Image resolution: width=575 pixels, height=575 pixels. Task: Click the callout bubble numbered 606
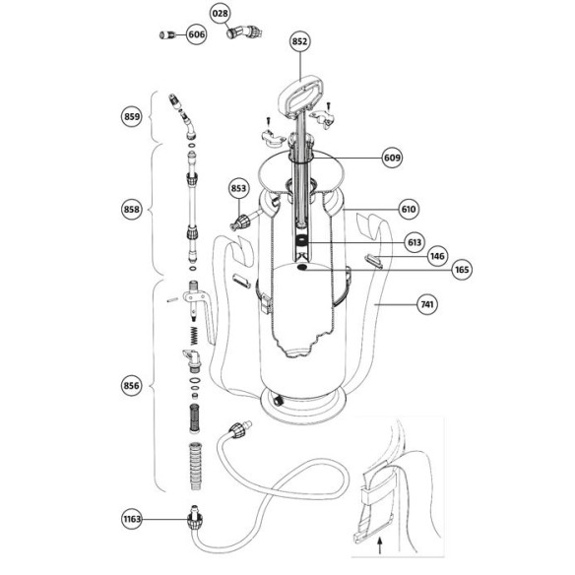point(196,34)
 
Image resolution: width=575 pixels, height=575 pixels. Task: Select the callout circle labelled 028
point(220,14)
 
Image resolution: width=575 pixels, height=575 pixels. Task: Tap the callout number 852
point(299,41)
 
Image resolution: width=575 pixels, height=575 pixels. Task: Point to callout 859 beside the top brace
point(132,116)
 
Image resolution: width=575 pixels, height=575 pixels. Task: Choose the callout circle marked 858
point(132,210)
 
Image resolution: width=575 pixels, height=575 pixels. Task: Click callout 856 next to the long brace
point(132,386)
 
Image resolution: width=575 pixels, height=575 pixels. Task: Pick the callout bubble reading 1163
point(132,519)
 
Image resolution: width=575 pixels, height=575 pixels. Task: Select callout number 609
point(392,158)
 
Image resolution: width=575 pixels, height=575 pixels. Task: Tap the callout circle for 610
point(409,210)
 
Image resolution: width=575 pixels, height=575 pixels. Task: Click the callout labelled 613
point(415,242)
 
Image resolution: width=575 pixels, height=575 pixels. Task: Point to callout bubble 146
point(437,256)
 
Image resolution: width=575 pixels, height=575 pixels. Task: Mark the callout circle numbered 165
point(462,270)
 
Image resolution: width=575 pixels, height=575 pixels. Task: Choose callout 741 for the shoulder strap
point(427,304)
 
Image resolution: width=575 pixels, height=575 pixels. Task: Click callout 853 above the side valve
point(238,188)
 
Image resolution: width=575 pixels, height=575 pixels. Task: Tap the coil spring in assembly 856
point(194,335)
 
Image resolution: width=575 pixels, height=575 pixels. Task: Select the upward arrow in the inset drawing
point(380,545)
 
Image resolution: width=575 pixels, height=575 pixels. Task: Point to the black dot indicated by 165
point(302,268)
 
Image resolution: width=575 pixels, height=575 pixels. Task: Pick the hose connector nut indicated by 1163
point(194,520)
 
